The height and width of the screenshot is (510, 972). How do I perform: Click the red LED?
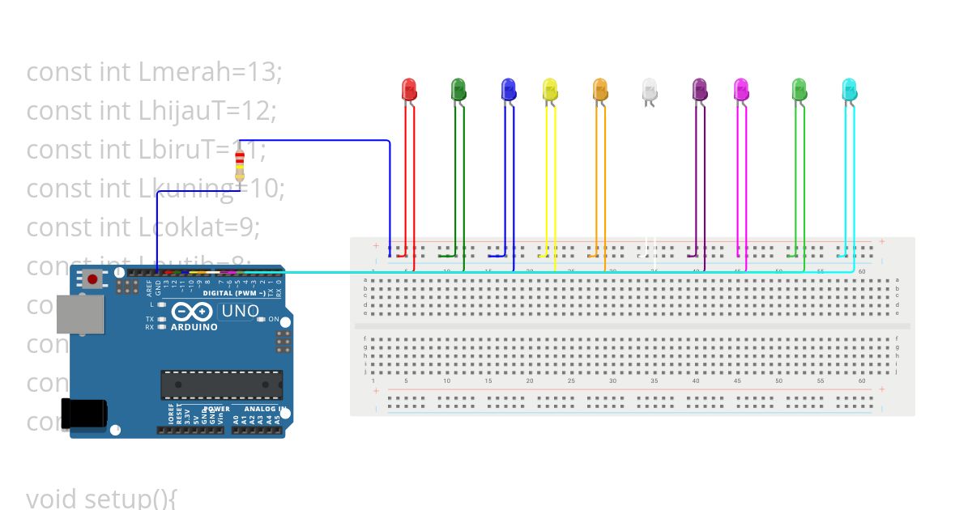(x=409, y=89)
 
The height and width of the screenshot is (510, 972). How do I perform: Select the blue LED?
(x=509, y=89)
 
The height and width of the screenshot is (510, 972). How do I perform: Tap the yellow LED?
(x=550, y=89)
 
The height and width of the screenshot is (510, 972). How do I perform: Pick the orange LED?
(x=600, y=89)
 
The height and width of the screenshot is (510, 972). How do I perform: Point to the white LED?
(x=650, y=89)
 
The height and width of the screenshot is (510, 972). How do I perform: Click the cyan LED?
(x=849, y=89)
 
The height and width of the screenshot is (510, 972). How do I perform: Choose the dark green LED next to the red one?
(x=458, y=89)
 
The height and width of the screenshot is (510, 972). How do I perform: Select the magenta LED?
(x=741, y=89)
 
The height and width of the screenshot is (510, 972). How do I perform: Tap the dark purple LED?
(x=701, y=89)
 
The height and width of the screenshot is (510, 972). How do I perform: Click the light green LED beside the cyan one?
(x=799, y=89)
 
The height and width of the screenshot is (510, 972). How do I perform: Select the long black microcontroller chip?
(x=221, y=385)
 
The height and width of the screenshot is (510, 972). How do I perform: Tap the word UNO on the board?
(x=241, y=311)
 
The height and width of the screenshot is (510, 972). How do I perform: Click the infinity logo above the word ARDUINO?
(x=193, y=312)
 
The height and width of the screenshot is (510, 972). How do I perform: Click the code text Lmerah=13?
(x=210, y=72)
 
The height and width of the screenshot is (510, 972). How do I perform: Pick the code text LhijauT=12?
(x=207, y=111)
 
